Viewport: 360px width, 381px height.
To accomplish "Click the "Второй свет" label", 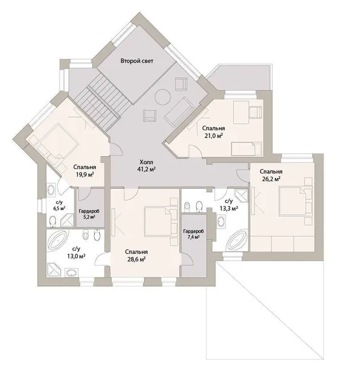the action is tap(137, 61).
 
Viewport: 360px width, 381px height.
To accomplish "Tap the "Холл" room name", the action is tap(146, 162).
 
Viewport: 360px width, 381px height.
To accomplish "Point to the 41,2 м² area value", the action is tap(146, 169).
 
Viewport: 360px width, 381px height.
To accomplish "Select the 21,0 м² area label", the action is tap(214, 136).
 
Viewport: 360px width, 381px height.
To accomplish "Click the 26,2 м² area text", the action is tap(271, 179).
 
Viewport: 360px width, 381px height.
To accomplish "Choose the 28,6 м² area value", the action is tap(136, 260).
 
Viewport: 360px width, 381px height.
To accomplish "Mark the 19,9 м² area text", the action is tap(84, 174).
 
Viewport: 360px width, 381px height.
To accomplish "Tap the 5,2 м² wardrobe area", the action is tap(89, 217).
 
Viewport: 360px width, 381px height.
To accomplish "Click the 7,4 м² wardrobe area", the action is tap(193, 237).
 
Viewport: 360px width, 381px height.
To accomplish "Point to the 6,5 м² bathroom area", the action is tap(60, 208).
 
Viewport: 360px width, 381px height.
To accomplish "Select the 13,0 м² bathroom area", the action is tap(76, 256).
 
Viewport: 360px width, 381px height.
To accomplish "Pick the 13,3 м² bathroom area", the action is tap(229, 208).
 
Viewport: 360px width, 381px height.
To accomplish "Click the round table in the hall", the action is tap(163, 97).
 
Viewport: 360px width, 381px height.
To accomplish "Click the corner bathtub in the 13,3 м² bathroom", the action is tap(237, 240).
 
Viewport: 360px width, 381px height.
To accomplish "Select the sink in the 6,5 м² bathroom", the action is tap(51, 189).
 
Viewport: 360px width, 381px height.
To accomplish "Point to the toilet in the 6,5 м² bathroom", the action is tap(52, 221).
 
